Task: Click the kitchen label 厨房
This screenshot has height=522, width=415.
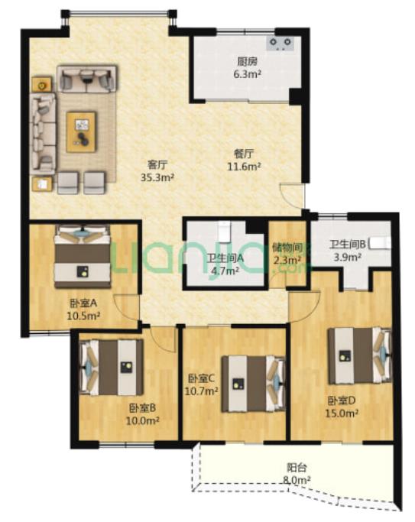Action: [x=248, y=62]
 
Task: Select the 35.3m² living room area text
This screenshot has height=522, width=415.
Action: [x=157, y=177]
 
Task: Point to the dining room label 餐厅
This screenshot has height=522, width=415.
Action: [x=244, y=154]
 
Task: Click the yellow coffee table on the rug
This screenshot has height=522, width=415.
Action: [x=81, y=131]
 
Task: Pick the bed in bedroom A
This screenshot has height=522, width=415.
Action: [x=83, y=256]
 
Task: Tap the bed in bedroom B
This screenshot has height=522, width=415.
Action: [x=112, y=367]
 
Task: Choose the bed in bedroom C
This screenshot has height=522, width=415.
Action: [x=254, y=384]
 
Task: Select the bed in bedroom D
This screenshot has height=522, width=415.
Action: [x=360, y=355]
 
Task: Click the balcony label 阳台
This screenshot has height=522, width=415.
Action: [x=297, y=468]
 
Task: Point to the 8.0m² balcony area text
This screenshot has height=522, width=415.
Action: [x=297, y=480]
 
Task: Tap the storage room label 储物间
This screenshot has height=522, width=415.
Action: [x=287, y=248]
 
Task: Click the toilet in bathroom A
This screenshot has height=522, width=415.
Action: [x=224, y=232]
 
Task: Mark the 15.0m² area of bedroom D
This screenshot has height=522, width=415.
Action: [x=342, y=413]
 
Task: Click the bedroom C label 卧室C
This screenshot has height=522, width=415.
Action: [x=202, y=378]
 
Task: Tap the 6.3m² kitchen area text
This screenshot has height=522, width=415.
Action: [x=247, y=73]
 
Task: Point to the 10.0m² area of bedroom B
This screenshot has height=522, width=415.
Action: [x=142, y=421]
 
